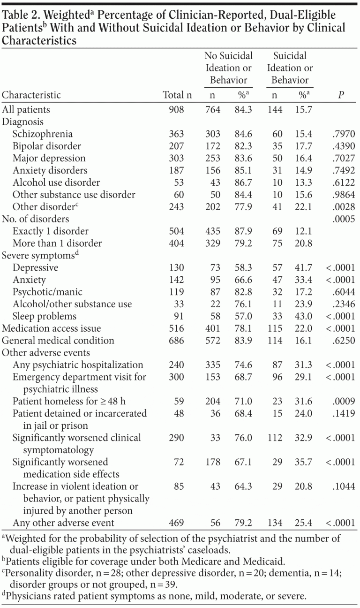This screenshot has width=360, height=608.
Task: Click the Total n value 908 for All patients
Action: pyautogui.click(x=177, y=110)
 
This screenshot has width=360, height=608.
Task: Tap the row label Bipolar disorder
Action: pyautogui.click(x=47, y=146)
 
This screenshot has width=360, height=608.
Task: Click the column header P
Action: pyautogui.click(x=341, y=95)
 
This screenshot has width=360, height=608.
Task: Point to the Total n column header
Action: pyautogui.click(x=177, y=95)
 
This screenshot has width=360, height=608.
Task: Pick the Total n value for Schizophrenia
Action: pyautogui.click(x=177, y=134)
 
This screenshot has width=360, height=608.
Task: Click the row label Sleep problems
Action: pyautogui.click(x=45, y=316)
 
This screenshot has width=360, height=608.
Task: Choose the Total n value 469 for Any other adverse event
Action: pyautogui.click(x=177, y=522)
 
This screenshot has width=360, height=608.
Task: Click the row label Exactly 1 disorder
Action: pyautogui.click(x=51, y=231)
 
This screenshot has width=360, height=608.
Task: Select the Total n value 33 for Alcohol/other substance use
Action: pyautogui.click(x=177, y=304)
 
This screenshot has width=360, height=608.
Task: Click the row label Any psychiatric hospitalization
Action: pyautogui.click(x=78, y=365)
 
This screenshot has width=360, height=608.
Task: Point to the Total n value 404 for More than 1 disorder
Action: pyautogui.click(x=177, y=243)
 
